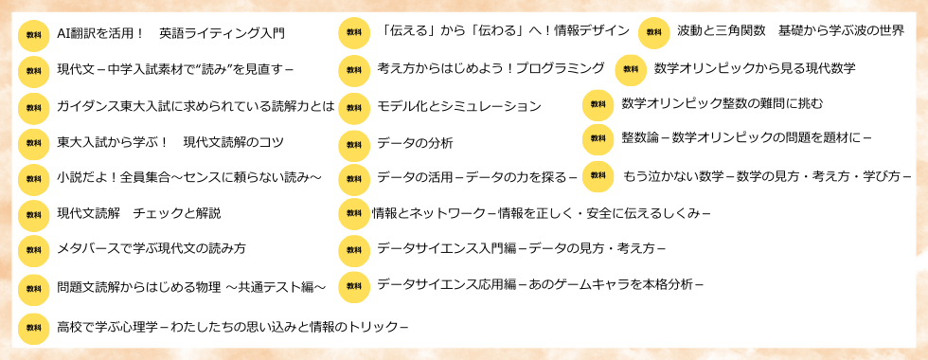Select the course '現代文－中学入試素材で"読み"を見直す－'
(x=175, y=70)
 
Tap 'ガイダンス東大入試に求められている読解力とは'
(x=195, y=106)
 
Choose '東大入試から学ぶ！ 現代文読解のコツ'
(x=170, y=142)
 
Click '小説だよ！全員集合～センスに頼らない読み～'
(x=189, y=177)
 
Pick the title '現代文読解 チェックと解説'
(x=138, y=213)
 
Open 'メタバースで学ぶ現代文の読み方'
(x=152, y=249)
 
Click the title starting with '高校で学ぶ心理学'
(x=232, y=327)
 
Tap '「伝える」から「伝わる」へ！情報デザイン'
(x=503, y=31)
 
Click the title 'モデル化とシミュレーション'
(x=459, y=106)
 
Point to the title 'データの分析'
(x=415, y=143)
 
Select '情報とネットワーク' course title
(x=541, y=213)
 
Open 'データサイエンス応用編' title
(x=540, y=284)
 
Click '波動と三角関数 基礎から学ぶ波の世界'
(x=791, y=31)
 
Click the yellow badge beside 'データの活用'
(x=354, y=178)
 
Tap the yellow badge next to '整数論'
(x=598, y=138)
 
